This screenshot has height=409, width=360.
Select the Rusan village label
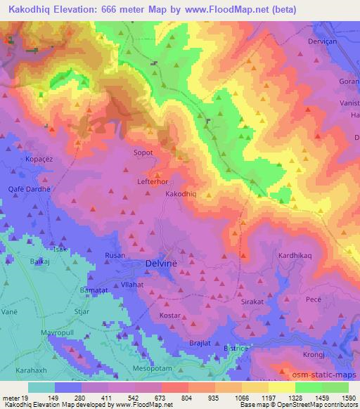click(115, 256)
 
